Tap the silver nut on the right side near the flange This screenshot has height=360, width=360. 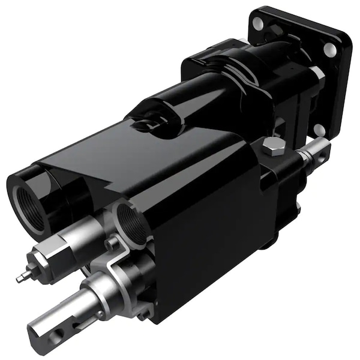click(317, 74)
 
